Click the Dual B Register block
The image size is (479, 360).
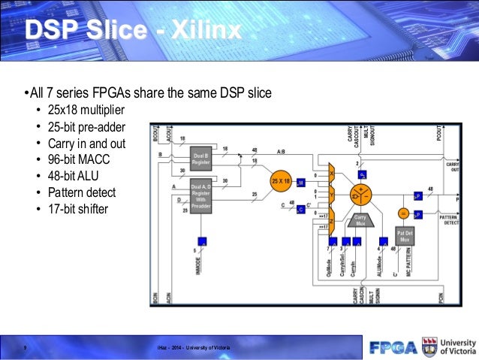(200, 156)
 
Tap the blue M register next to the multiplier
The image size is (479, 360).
(300, 182)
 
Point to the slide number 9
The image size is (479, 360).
(26, 347)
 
